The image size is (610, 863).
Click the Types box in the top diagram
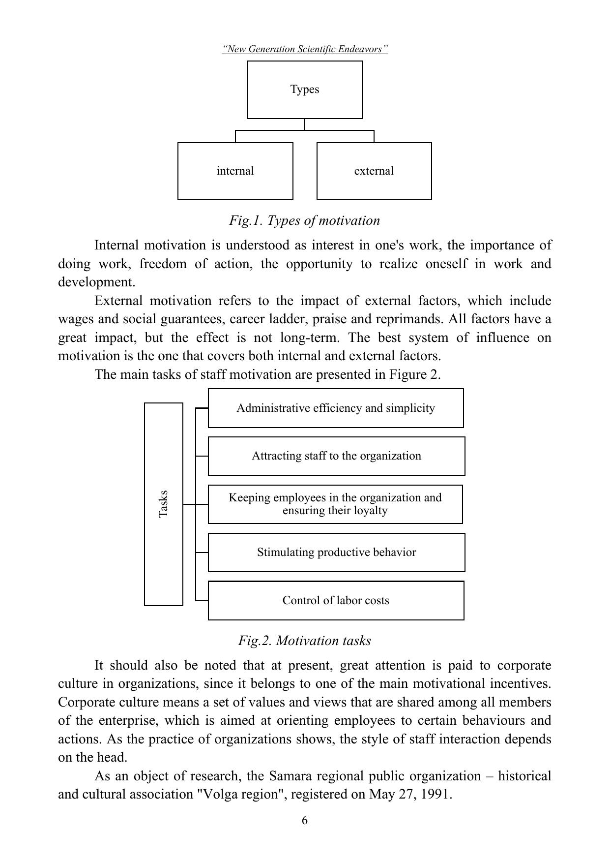click(304, 90)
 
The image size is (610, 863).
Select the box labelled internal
click(235, 171)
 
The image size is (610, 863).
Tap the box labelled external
click(374, 171)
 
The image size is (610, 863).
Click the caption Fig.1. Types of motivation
click(304, 220)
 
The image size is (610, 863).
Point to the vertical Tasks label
click(164, 504)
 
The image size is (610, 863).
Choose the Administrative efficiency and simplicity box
click(335, 408)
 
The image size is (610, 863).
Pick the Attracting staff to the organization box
click(336, 456)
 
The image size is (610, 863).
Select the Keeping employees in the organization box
click(335, 504)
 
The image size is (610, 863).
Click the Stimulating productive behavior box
click(336, 552)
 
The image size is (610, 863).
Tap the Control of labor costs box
click(336, 600)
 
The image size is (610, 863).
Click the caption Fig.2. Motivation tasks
click(304, 641)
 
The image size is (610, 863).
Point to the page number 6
click(305, 820)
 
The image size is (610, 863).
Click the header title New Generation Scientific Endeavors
click(305, 49)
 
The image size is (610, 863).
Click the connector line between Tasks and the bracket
click(189, 504)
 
